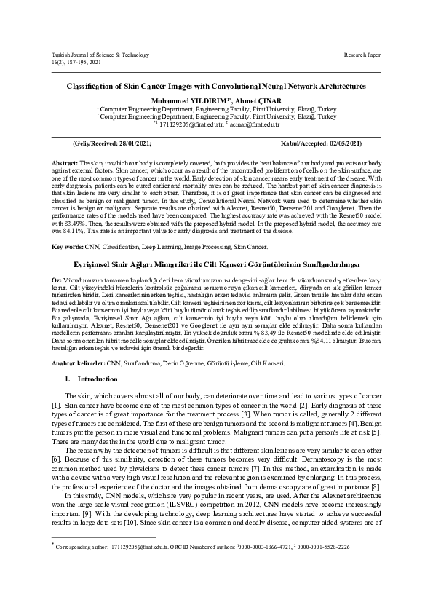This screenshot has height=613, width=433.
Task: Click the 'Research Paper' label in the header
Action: [x=362, y=55]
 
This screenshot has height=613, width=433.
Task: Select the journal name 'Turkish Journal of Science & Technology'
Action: [x=101, y=55]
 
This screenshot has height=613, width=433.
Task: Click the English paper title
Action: [x=216, y=87]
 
